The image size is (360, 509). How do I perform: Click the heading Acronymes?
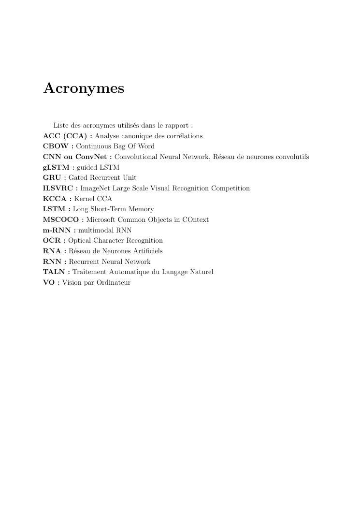click(84, 88)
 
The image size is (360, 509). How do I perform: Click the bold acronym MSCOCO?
click(61, 219)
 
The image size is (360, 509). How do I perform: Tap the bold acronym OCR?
click(52, 240)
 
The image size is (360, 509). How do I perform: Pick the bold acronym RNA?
click(52, 251)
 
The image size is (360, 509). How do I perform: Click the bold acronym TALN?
click(54, 272)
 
